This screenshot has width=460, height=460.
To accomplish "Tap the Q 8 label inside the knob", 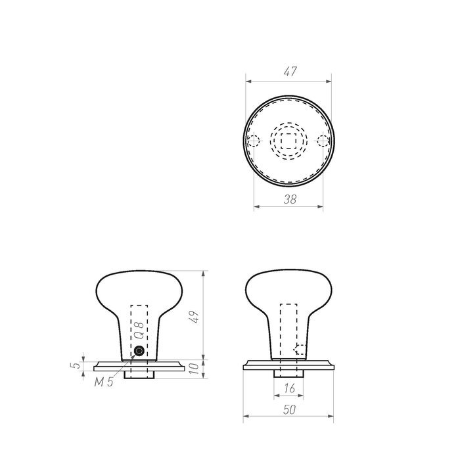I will click(x=138, y=329).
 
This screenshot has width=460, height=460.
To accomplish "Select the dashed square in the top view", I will click(x=288, y=141).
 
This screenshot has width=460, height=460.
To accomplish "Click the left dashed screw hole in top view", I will click(x=252, y=141).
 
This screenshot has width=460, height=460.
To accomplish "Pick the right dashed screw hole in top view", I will click(x=323, y=141).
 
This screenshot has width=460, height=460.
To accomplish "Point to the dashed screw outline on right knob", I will click(x=300, y=349).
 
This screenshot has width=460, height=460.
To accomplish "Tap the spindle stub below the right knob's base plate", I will click(x=288, y=373).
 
